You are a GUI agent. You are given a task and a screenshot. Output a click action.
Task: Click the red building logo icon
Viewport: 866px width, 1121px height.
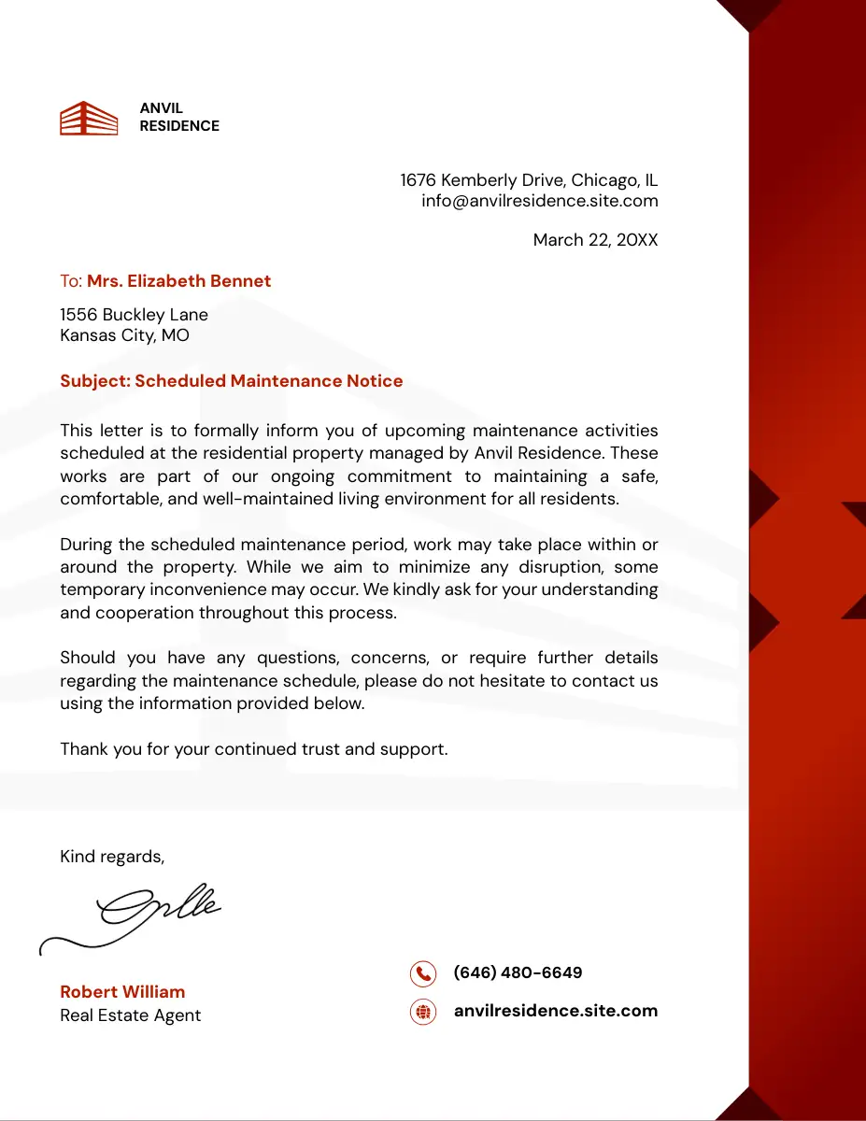click(89, 119)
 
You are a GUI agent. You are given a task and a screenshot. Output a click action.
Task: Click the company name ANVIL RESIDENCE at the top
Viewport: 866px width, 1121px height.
click(179, 118)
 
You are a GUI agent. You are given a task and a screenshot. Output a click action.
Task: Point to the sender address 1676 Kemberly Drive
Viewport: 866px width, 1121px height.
click(529, 180)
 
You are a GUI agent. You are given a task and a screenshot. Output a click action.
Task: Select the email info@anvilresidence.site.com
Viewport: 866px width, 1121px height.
click(539, 201)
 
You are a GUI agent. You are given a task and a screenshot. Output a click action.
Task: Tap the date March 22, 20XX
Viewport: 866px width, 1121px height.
click(595, 240)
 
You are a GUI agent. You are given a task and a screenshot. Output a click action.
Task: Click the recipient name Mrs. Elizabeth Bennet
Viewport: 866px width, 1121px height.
click(178, 281)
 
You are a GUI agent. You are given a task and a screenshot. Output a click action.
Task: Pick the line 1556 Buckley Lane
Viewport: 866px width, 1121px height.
click(134, 315)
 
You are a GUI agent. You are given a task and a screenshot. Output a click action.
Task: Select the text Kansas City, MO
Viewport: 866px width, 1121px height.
click(124, 334)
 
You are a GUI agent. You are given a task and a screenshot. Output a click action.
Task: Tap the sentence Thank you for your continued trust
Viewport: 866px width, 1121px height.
click(254, 749)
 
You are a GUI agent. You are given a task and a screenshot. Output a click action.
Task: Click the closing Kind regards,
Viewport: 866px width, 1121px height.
click(112, 857)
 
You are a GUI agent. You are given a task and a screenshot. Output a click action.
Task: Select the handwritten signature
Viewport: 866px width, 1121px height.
click(140, 915)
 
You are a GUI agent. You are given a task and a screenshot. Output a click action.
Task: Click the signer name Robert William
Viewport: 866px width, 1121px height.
click(122, 992)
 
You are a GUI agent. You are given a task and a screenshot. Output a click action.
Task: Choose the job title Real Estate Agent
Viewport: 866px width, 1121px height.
click(130, 1015)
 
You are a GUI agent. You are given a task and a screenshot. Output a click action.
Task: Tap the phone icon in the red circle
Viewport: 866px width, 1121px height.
click(423, 973)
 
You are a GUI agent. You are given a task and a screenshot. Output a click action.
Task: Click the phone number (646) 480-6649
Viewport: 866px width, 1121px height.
click(518, 972)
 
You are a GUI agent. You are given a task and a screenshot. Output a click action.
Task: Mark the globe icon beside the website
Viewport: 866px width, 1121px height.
click(423, 1012)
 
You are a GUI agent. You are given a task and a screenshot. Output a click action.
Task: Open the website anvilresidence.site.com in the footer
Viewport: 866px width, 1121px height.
click(555, 1011)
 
